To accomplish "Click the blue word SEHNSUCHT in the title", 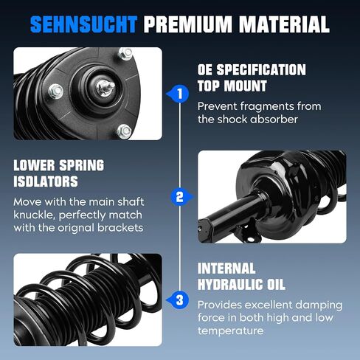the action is tap(83, 24).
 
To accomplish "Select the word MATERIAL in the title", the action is tap(284, 24).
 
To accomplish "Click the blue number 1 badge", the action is tap(179, 94).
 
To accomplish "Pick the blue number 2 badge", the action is tap(181, 197).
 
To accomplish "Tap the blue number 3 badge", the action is tap(179, 300).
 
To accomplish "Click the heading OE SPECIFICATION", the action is tap(252, 69).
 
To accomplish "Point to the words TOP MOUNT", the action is tap(232, 86).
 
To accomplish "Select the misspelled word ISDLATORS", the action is tap(46, 181).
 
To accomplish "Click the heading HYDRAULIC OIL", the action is tap(241, 285).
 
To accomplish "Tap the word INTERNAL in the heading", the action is tap(226, 269).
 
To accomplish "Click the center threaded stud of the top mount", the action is tap(105, 86).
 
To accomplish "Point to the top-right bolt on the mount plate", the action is tap(125, 54).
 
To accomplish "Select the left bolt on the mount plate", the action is tap(56, 91).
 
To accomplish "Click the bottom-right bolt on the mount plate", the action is tap(124, 131).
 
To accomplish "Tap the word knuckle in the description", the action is tap(34, 215).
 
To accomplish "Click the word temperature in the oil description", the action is tap(230, 331).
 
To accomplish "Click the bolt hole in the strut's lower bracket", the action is tap(250, 239).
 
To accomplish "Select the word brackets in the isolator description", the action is tap(120, 228).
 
